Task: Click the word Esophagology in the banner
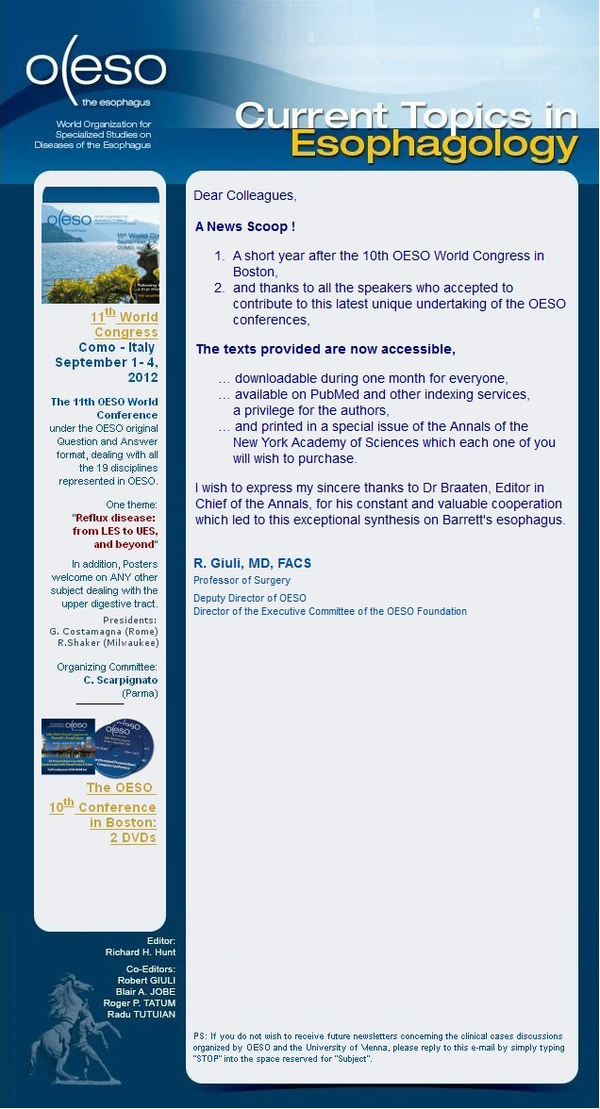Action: point(434,144)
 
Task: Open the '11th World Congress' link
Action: point(125,323)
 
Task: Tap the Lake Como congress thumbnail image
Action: point(100,245)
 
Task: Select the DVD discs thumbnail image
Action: point(99,746)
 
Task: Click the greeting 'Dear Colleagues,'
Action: point(244,195)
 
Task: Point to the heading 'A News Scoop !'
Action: point(245,227)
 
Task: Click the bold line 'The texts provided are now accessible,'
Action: point(325,349)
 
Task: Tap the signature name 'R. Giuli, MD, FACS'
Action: point(252,563)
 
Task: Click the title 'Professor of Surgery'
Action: point(242,580)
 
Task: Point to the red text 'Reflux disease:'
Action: point(114,518)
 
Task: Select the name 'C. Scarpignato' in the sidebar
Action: point(120,680)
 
